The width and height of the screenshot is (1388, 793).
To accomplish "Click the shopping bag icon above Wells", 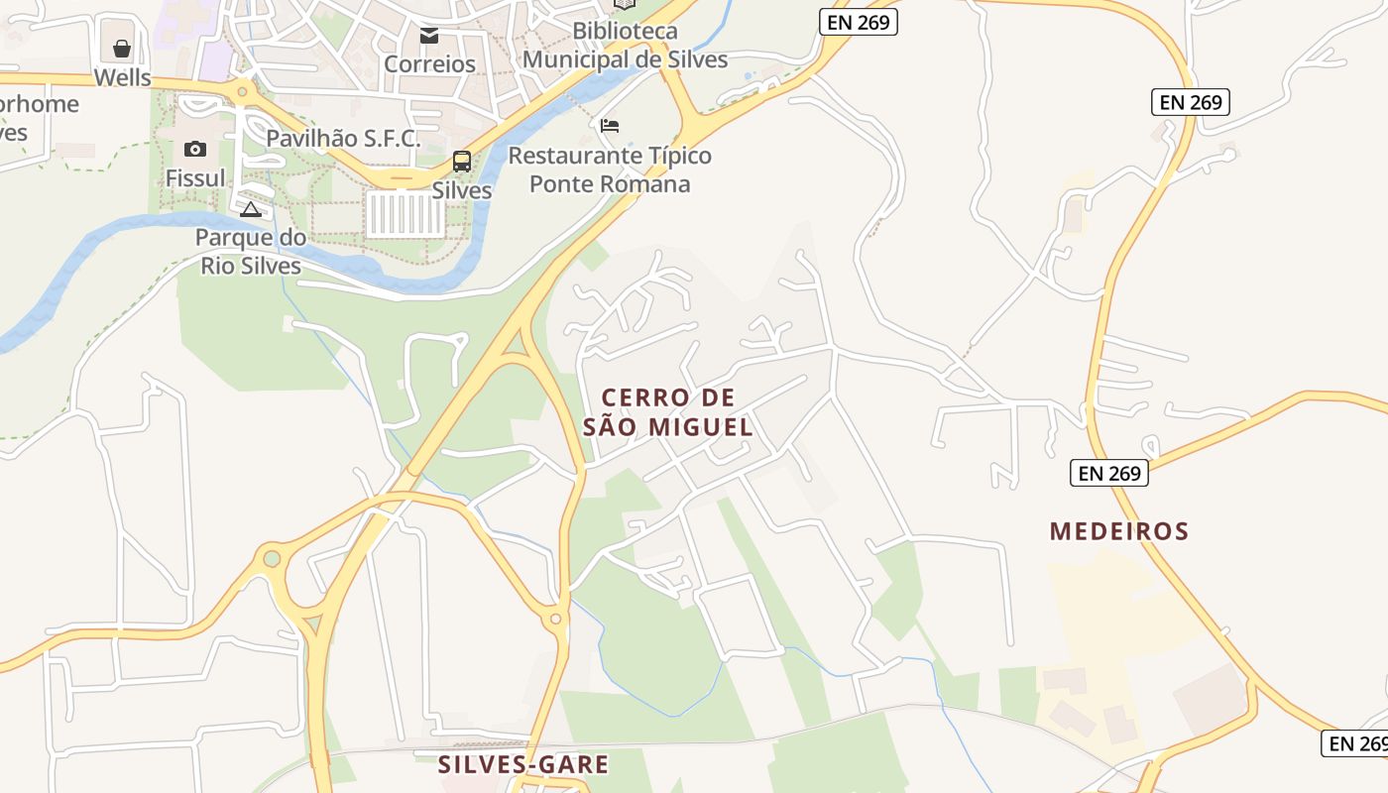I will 122,49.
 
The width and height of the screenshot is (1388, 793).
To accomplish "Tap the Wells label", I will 122,77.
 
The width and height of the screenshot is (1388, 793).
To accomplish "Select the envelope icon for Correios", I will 429,36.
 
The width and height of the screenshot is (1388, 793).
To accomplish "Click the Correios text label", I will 429,64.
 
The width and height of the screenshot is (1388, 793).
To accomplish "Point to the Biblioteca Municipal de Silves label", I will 625,46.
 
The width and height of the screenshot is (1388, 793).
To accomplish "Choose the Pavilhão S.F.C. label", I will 343,138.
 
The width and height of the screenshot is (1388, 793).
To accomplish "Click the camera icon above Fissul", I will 195,149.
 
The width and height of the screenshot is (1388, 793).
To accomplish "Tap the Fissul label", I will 195,178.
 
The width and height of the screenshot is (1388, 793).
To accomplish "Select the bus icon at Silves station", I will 462,161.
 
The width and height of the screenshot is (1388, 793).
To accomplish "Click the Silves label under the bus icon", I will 462,190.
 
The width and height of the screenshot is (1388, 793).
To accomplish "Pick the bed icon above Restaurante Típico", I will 610,126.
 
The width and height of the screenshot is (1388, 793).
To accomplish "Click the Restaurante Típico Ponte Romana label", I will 610,170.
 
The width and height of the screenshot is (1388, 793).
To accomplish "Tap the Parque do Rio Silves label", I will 251,252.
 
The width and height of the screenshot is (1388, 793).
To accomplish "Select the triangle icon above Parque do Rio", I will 251,209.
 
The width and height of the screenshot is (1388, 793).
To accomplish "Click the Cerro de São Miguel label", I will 667,412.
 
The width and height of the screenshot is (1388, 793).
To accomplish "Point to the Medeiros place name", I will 1119,531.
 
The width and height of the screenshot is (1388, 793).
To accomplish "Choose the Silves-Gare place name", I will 523,764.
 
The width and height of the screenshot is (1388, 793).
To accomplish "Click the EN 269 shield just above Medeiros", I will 1109,473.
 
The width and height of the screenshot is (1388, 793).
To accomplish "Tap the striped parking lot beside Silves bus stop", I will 405,214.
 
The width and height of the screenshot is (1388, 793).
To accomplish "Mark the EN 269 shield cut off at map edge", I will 1355,742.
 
